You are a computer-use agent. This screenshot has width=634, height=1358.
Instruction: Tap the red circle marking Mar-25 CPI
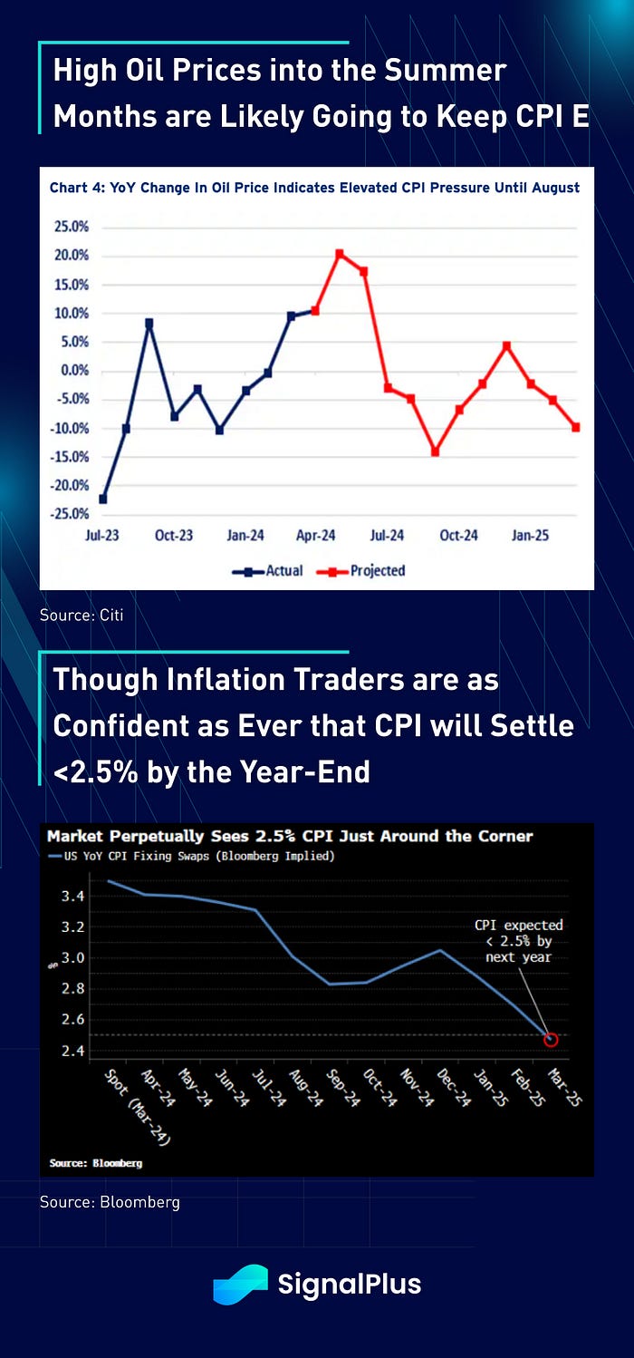click(551, 1039)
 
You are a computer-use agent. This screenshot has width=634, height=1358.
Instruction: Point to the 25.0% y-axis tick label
click(71, 227)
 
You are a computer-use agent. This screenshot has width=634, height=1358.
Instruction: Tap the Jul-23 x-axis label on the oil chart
click(102, 536)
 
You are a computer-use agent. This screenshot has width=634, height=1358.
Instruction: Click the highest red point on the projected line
click(340, 254)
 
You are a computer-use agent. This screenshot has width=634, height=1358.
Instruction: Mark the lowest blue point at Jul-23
click(103, 499)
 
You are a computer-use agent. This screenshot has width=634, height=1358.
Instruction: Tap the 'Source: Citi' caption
click(82, 616)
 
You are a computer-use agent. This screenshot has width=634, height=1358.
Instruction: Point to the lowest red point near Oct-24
click(436, 451)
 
